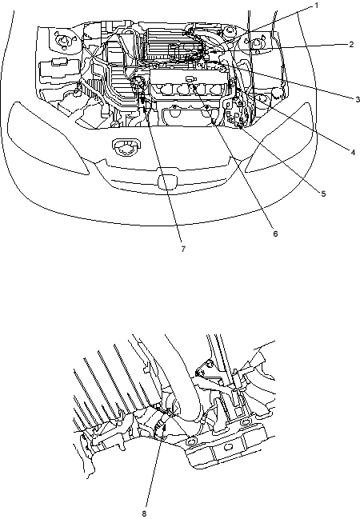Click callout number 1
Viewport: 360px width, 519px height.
pyautogui.click(x=316, y=6)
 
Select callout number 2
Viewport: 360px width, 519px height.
pyautogui.click(x=351, y=44)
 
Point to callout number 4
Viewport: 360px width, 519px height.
pyautogui.click(x=353, y=152)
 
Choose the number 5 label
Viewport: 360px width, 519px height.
pyautogui.click(x=323, y=194)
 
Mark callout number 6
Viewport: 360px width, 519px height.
pyautogui.click(x=275, y=234)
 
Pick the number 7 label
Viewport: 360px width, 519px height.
pyautogui.click(x=183, y=249)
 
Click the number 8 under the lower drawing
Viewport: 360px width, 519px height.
pyautogui.click(x=144, y=514)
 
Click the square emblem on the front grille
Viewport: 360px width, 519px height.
pyautogui.click(x=167, y=182)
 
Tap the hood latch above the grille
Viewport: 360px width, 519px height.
pyautogui.click(x=126, y=146)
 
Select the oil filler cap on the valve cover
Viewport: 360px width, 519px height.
pyautogui.click(x=189, y=79)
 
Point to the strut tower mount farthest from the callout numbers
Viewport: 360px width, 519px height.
pyautogui.click(x=63, y=40)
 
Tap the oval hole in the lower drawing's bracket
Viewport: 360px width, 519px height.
pyautogui.click(x=228, y=448)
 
